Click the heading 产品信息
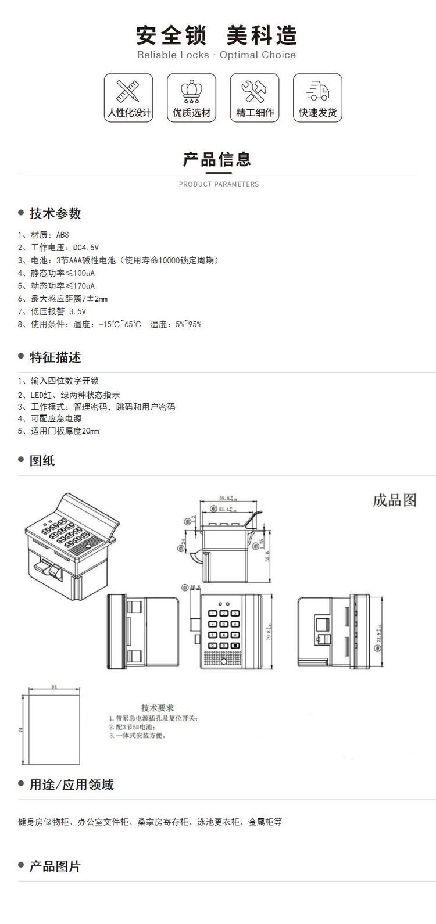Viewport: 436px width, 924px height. click(x=217, y=159)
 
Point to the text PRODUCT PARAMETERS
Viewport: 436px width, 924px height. click(x=219, y=184)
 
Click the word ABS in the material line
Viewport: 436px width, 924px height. click(x=62, y=235)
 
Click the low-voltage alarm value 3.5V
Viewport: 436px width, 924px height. click(x=77, y=311)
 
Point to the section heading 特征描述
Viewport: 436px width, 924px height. click(x=55, y=357)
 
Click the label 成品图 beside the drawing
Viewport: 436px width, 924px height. click(x=395, y=500)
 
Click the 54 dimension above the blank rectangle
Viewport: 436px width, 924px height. click(x=54, y=686)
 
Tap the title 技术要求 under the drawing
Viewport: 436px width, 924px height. click(x=157, y=708)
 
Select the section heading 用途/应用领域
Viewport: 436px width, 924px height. click(x=72, y=785)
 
